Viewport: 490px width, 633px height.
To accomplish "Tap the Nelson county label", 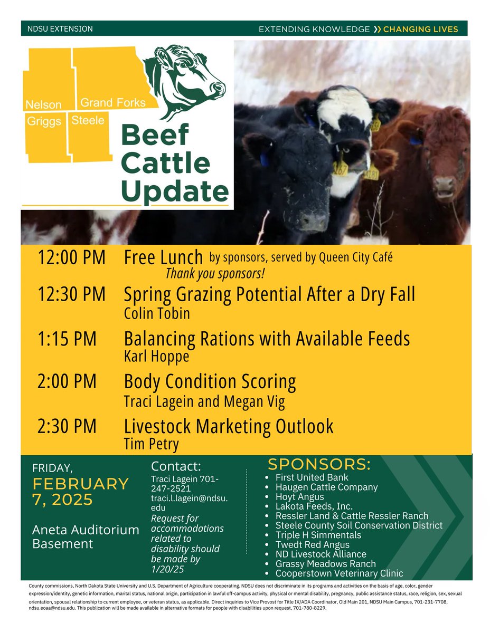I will click(44, 105).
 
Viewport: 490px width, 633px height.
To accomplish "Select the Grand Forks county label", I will click(113, 102).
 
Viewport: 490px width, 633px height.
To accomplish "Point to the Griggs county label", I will click(44, 121).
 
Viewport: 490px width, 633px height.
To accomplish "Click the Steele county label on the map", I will click(88, 120).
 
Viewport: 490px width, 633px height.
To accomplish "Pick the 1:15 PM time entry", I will click(67, 339).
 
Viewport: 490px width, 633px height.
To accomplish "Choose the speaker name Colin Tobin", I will click(157, 314).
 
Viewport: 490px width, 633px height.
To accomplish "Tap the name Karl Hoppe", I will click(156, 357).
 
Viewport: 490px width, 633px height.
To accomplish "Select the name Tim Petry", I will click(151, 444).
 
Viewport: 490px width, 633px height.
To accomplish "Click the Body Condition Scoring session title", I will click(210, 381).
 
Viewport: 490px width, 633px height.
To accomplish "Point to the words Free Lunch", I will click(163, 258).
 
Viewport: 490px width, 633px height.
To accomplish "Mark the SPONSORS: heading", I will click(319, 465).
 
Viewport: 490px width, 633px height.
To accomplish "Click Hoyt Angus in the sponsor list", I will click(300, 497).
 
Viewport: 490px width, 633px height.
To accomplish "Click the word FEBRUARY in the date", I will click(81, 484).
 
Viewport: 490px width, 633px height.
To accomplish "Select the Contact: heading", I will click(176, 466).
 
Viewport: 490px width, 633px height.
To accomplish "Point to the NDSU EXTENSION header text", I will click(60, 28).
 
